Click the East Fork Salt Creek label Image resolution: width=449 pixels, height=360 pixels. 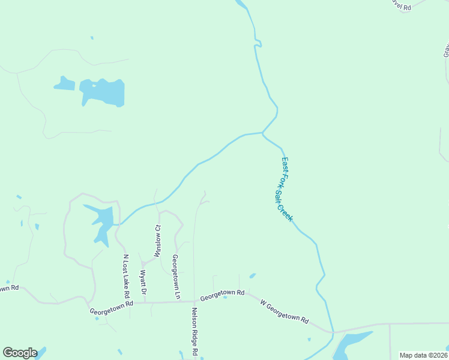[287, 189]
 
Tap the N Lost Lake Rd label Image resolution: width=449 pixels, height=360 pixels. [127, 276]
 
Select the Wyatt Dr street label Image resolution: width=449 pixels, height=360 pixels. [143, 283]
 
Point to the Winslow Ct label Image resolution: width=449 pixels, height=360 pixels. [158, 241]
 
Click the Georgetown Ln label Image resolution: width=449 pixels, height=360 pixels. [175, 277]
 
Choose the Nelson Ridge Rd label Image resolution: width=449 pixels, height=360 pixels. [194, 331]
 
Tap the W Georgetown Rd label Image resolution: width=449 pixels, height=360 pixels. [284, 312]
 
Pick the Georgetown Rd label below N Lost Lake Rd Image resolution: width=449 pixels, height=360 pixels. [111, 307]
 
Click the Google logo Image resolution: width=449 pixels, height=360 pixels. [20, 353]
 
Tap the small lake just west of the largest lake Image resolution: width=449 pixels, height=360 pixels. [65, 83]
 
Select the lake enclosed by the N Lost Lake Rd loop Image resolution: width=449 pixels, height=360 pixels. [101, 222]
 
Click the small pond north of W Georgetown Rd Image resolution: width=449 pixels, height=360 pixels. [252, 276]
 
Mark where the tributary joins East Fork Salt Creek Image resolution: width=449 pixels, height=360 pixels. [263, 133]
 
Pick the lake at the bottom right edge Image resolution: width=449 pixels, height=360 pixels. [351, 345]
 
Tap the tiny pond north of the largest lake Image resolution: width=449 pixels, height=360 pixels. [92, 38]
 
